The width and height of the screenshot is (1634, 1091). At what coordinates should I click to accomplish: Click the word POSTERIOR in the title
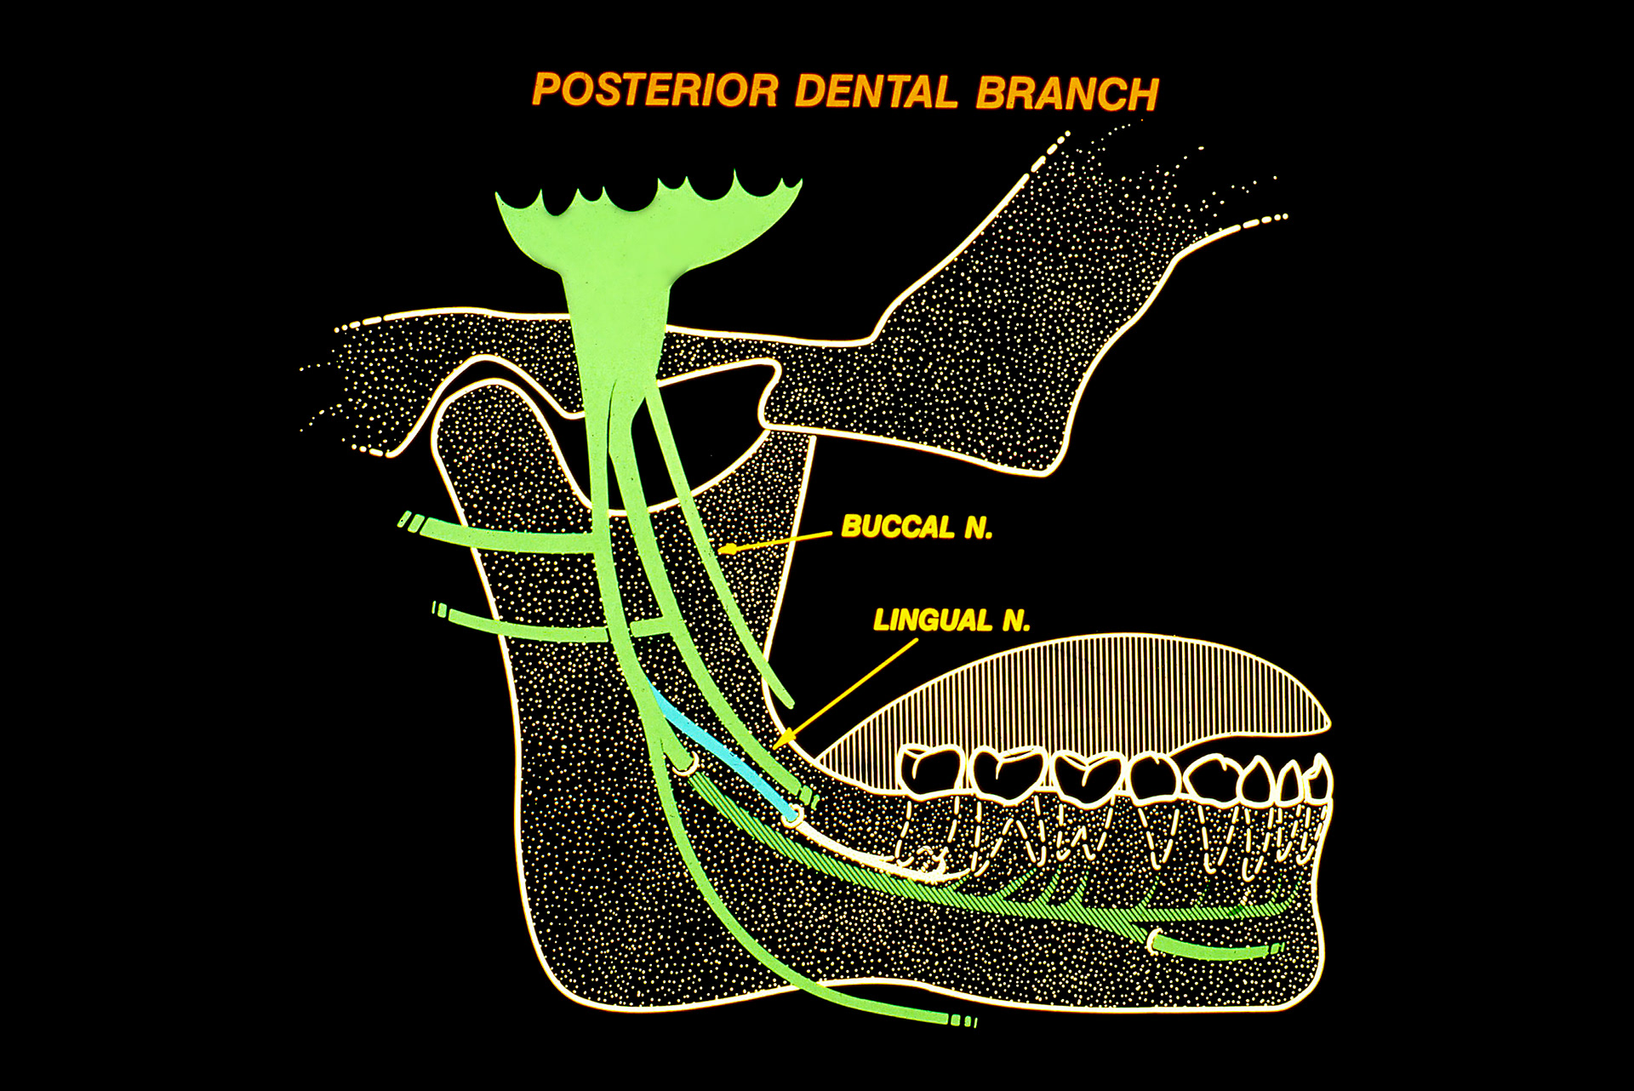coord(655,90)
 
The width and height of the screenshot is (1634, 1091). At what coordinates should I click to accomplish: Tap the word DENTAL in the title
coord(877,92)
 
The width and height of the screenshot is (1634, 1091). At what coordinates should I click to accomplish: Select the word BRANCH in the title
coord(1067,94)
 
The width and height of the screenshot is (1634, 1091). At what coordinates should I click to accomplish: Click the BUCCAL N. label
coord(917,528)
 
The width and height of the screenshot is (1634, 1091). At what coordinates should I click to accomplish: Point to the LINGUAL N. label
coord(951,620)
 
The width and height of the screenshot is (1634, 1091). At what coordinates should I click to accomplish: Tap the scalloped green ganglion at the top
coord(647,221)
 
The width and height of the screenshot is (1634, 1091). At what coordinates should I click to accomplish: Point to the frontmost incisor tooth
coord(1317,779)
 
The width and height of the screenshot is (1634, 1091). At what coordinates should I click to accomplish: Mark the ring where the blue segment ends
coord(793,815)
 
